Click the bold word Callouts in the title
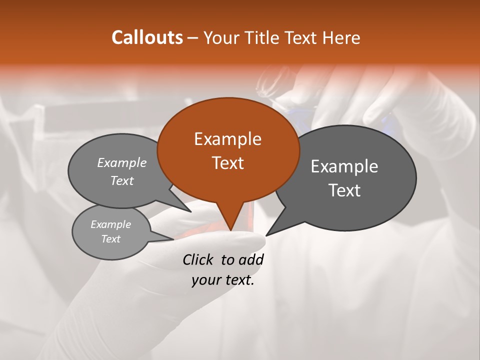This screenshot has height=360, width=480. point(147,37)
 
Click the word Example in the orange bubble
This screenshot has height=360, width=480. point(227,139)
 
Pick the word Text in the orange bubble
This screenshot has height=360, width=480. point(227,163)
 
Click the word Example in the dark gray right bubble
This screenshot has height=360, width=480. point(344,166)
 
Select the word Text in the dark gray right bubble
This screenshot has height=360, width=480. point(344,190)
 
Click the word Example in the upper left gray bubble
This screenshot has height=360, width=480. point(122,162)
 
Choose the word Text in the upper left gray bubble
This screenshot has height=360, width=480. point(122,180)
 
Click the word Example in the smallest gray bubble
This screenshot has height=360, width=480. point(110,224)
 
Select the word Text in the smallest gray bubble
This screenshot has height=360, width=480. point(110,239)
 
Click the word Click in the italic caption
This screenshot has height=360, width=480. point(199,259)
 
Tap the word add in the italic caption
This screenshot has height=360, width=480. point(250,259)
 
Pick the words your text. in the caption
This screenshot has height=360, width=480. point(223,280)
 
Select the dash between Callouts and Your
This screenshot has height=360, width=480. point(193,38)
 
